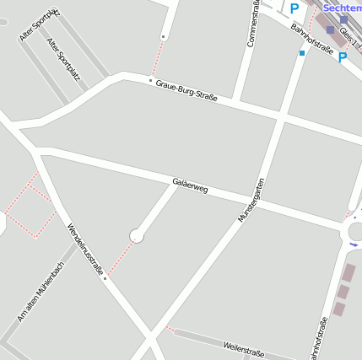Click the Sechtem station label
coord(342,7)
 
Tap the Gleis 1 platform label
coord(347,35)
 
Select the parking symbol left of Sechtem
coord(294,8)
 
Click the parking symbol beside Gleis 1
coord(343,57)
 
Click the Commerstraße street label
coord(251,24)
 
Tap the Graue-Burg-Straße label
coord(186,91)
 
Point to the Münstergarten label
coord(251,200)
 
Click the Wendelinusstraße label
coord(85,248)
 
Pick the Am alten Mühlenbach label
coord(41,292)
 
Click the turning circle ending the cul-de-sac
coord(137,236)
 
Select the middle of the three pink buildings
coord(343,291)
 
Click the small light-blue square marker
coord(302,53)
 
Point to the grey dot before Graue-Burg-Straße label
coord(151,81)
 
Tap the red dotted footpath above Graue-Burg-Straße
coord(157,57)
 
